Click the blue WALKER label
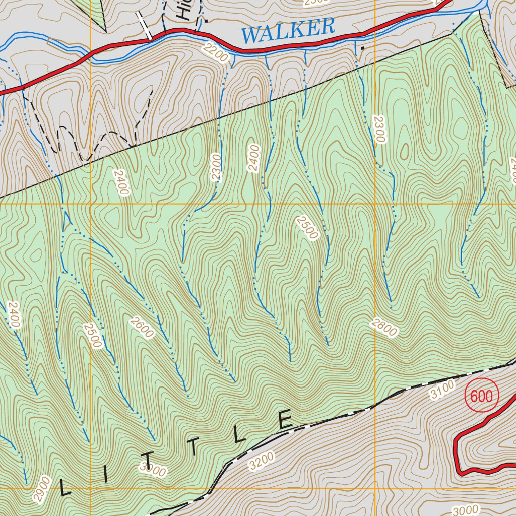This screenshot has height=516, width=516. [288, 30]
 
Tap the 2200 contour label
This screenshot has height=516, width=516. [214, 53]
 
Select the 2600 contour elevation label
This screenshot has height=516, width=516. [141, 328]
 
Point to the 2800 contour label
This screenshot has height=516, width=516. [383, 328]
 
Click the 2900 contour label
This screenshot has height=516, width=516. [42, 488]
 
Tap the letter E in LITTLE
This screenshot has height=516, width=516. [285, 421]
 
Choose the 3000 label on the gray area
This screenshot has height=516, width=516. [466, 510]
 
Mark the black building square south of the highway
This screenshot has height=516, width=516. [362, 48]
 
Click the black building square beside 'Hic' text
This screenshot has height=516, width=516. [205, 21]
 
